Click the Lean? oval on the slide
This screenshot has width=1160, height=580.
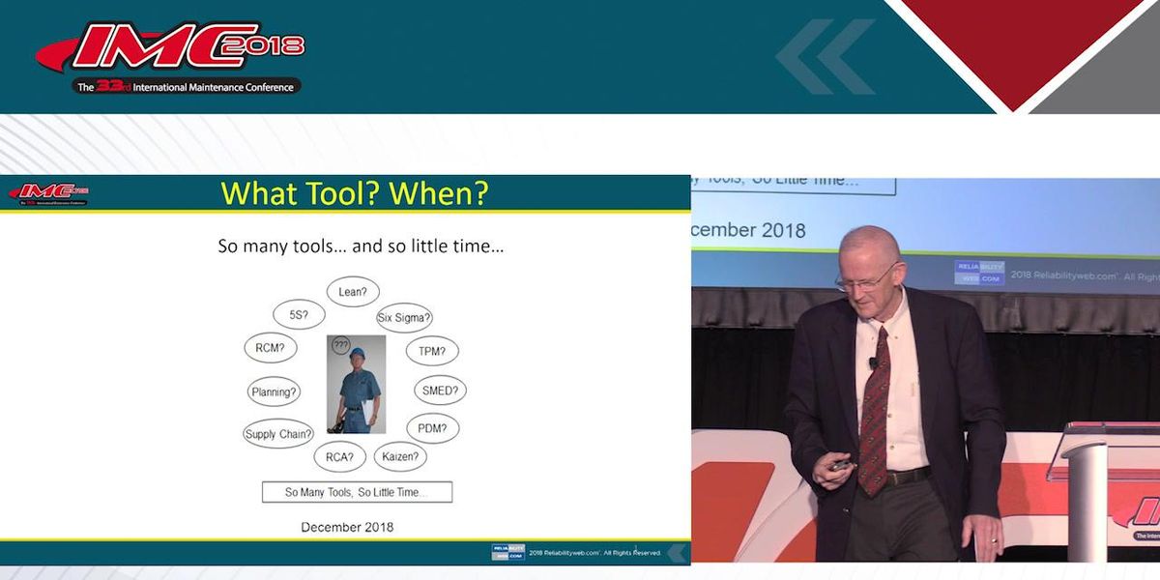(x=353, y=291)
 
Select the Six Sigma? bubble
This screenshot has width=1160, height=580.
(x=404, y=317)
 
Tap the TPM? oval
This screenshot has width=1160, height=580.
(x=431, y=351)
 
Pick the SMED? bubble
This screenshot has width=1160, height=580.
(x=440, y=391)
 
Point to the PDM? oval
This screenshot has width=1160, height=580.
(x=431, y=428)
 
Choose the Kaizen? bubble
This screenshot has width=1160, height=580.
(x=399, y=456)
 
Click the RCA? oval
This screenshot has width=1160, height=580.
(x=339, y=456)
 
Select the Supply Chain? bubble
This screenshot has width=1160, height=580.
(x=278, y=434)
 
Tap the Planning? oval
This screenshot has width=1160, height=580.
(x=274, y=391)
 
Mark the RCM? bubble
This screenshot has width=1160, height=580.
(x=270, y=348)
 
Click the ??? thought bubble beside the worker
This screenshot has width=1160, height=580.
(x=340, y=344)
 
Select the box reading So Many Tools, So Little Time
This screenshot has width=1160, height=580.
(x=357, y=492)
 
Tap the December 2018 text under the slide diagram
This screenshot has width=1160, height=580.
(x=347, y=527)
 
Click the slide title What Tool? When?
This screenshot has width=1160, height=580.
(x=355, y=193)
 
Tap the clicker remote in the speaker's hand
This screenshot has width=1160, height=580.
(x=839, y=466)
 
